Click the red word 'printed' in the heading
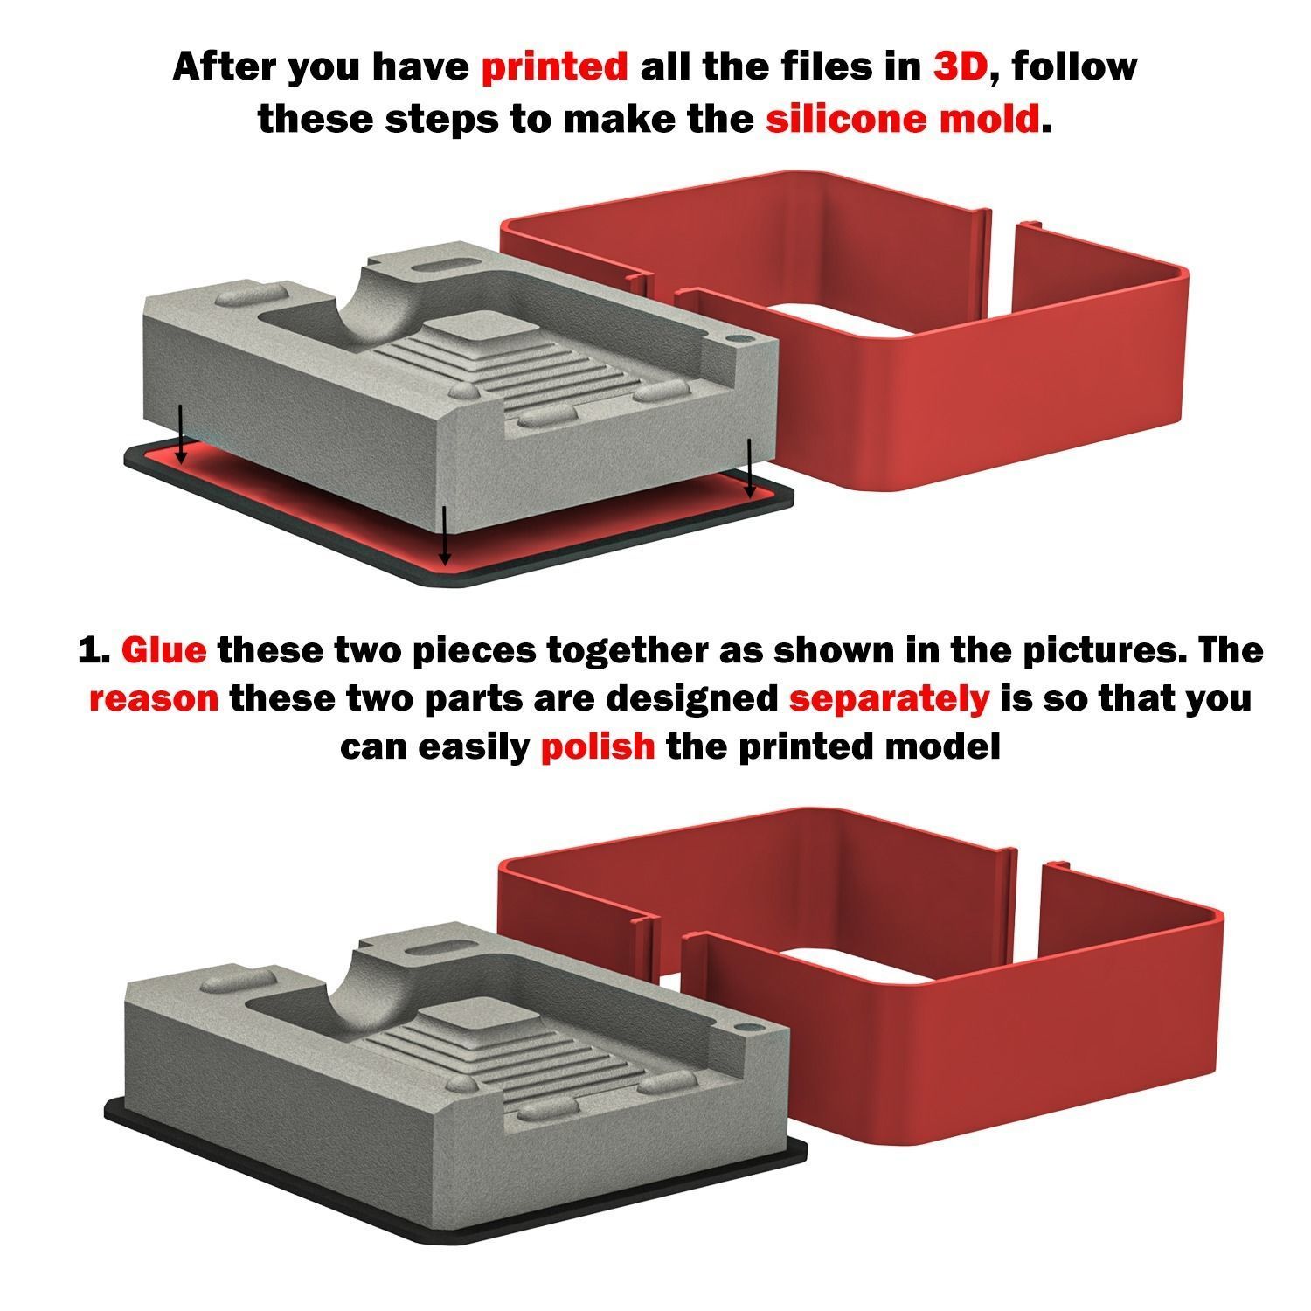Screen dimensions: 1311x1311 pos(554,67)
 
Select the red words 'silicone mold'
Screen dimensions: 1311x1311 pos(903,117)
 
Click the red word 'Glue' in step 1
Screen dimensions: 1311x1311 pos(164,651)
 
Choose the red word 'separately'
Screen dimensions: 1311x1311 pos(889,701)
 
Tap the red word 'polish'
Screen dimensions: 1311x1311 pos(598,748)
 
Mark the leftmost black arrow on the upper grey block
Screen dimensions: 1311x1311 pos(181,434)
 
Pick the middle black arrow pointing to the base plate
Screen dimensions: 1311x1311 pos(445,535)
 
